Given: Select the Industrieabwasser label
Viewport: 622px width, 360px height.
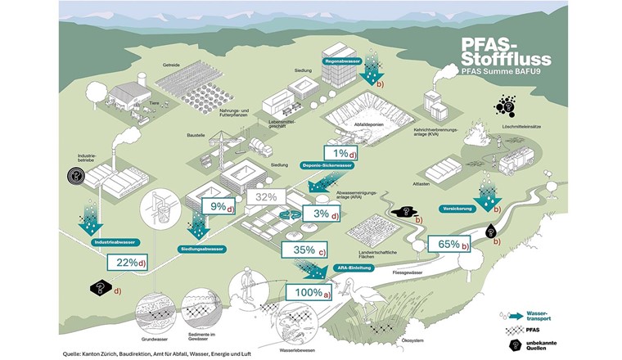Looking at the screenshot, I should [x=115, y=242].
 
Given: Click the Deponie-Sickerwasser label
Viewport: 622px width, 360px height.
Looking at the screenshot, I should [x=327, y=164].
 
